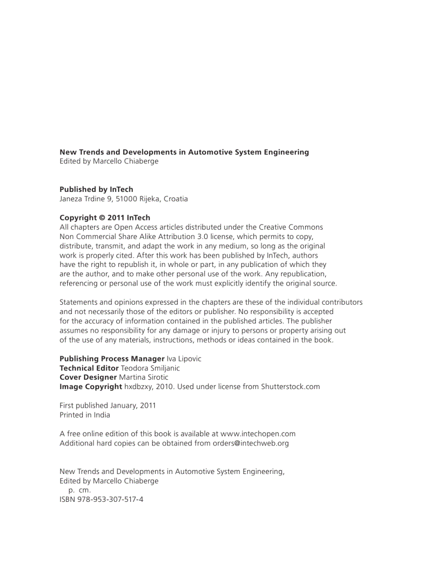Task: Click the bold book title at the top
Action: pos(184,152)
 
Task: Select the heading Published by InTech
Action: pos(96,189)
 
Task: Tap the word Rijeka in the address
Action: pos(150,199)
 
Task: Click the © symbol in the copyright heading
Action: pos(102,218)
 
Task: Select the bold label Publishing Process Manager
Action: pos(112,359)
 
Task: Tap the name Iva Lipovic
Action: pos(184,359)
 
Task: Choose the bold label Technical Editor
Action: pos(89,368)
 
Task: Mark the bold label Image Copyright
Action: pos(91,386)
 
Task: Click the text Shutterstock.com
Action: pos(290,386)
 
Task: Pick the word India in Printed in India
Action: pos(101,415)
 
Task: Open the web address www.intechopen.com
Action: pos(258,434)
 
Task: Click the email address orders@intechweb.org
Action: pos(250,443)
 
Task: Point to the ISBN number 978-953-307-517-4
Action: pos(110,500)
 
